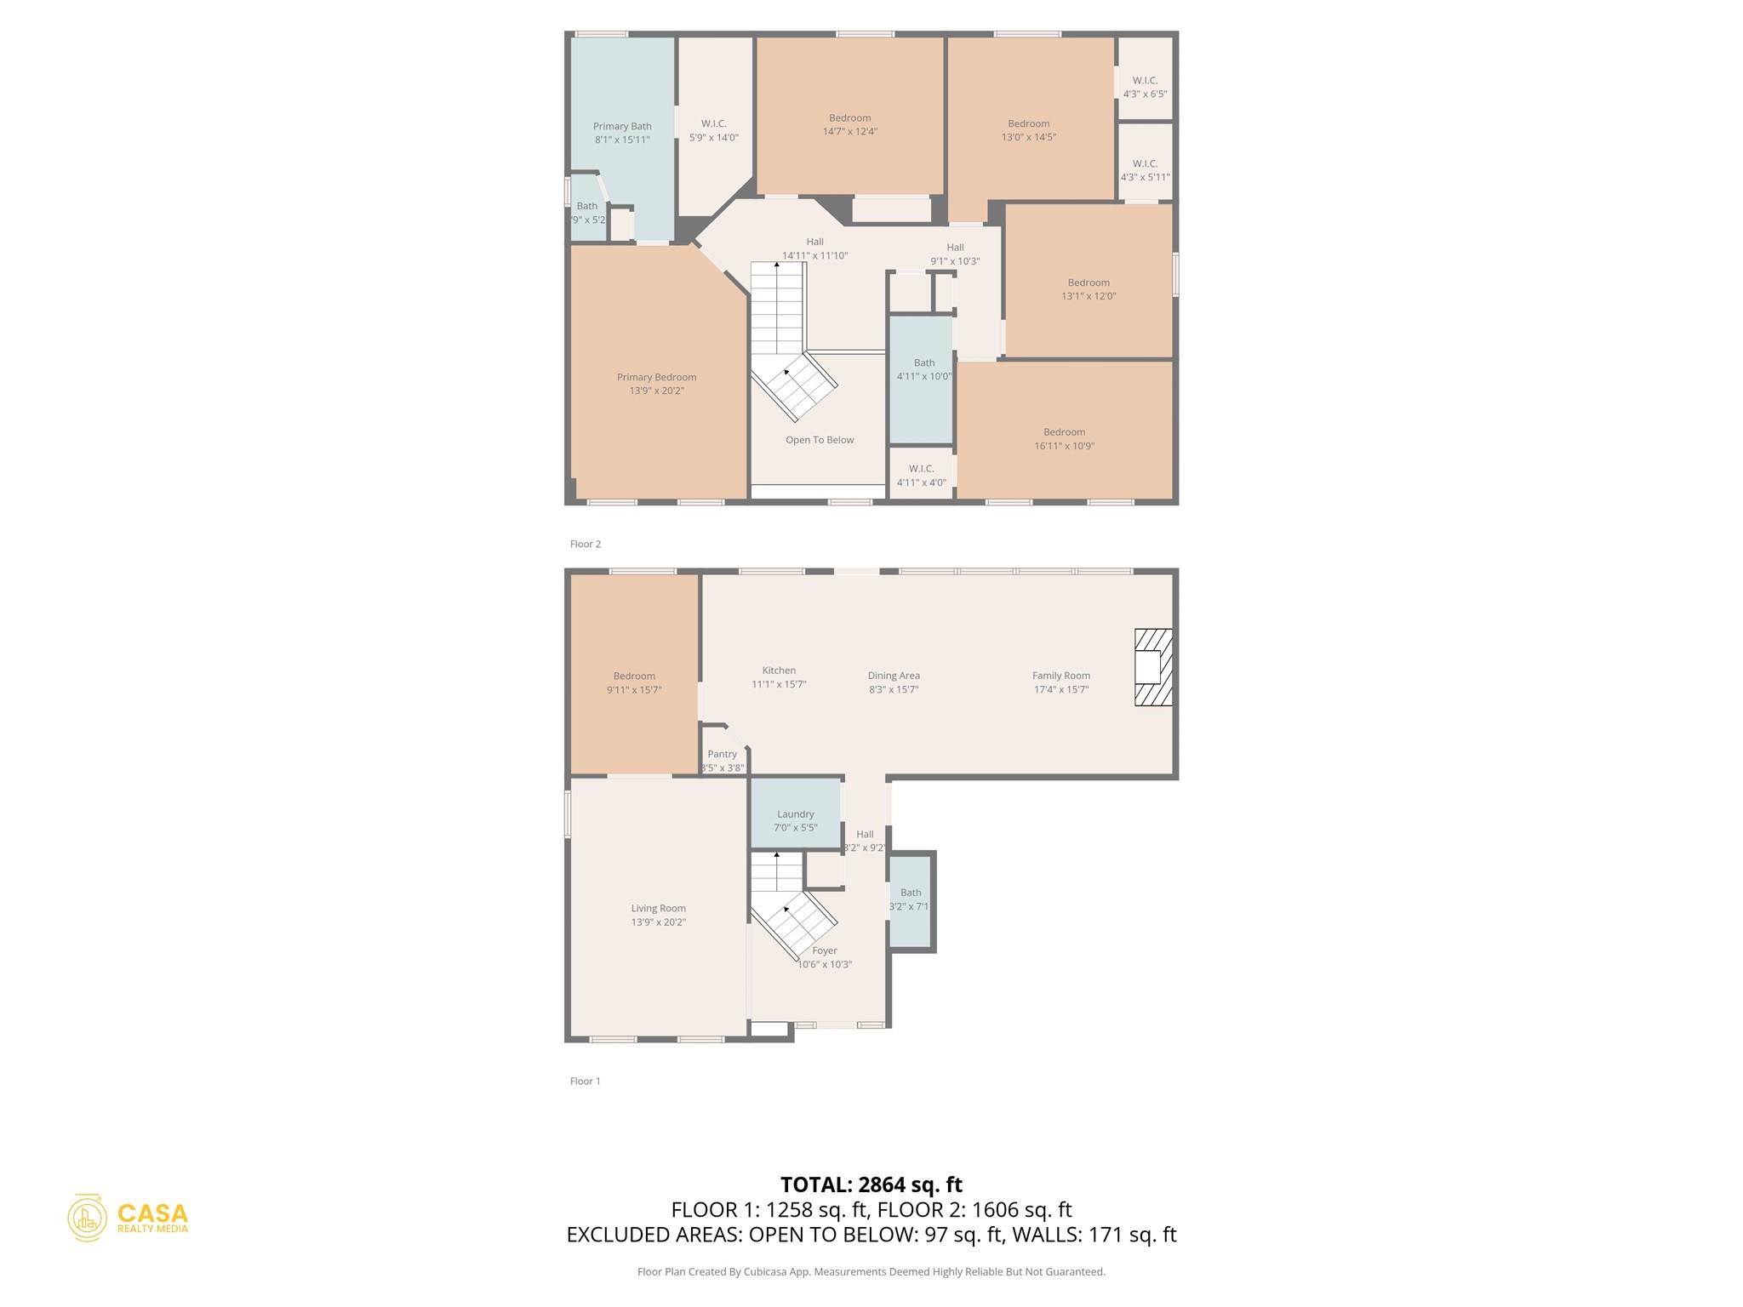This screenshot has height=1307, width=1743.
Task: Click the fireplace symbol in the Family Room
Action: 1153,667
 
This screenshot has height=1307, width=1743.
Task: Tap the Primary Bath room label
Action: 622,127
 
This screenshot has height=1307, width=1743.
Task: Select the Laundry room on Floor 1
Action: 795,814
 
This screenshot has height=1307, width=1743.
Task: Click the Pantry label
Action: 722,754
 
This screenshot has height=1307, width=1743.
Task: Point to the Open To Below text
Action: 819,440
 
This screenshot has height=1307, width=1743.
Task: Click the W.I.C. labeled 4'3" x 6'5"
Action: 1145,87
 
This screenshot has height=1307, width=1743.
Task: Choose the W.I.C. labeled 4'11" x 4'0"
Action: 921,476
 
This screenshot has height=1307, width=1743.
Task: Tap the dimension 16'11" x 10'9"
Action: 1064,446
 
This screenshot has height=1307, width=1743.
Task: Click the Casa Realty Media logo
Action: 129,1218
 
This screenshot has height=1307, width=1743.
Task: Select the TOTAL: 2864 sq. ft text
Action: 871,1184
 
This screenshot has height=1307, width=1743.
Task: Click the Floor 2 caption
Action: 586,544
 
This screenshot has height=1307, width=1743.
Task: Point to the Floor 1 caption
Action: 586,1081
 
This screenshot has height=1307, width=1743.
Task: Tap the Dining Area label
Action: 894,676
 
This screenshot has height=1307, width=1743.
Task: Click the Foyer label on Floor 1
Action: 824,950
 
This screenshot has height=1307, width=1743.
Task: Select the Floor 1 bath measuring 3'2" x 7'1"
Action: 910,899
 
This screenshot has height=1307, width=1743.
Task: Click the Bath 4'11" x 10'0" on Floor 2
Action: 923,369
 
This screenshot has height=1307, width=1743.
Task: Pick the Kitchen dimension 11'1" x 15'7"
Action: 779,684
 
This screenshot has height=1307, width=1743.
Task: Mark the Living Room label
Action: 658,908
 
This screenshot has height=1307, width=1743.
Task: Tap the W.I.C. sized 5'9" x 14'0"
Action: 713,130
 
